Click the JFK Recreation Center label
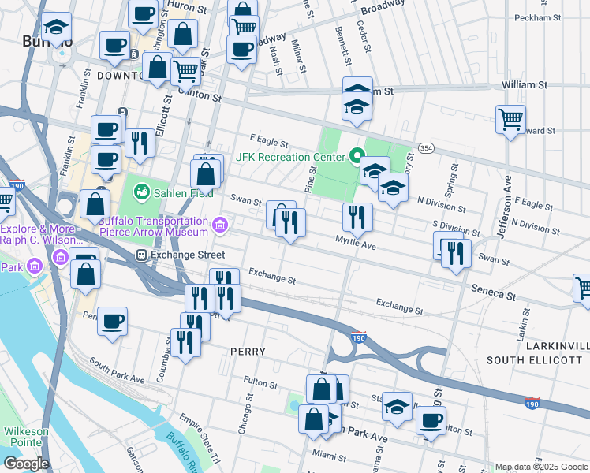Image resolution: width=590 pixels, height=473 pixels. point(290,156)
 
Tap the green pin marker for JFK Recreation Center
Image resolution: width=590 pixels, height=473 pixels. point(356,155)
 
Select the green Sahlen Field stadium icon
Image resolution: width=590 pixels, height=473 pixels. point(141,192)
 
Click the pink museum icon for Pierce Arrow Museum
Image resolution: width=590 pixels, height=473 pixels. point(220,227)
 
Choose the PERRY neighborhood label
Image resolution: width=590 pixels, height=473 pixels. point(247,351)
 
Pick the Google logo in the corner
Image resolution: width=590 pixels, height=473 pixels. point(26,464)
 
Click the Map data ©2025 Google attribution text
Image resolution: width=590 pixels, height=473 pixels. point(541,467)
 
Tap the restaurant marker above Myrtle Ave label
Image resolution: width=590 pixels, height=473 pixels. point(357,217)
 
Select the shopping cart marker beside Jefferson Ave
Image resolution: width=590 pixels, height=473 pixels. point(511,120)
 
